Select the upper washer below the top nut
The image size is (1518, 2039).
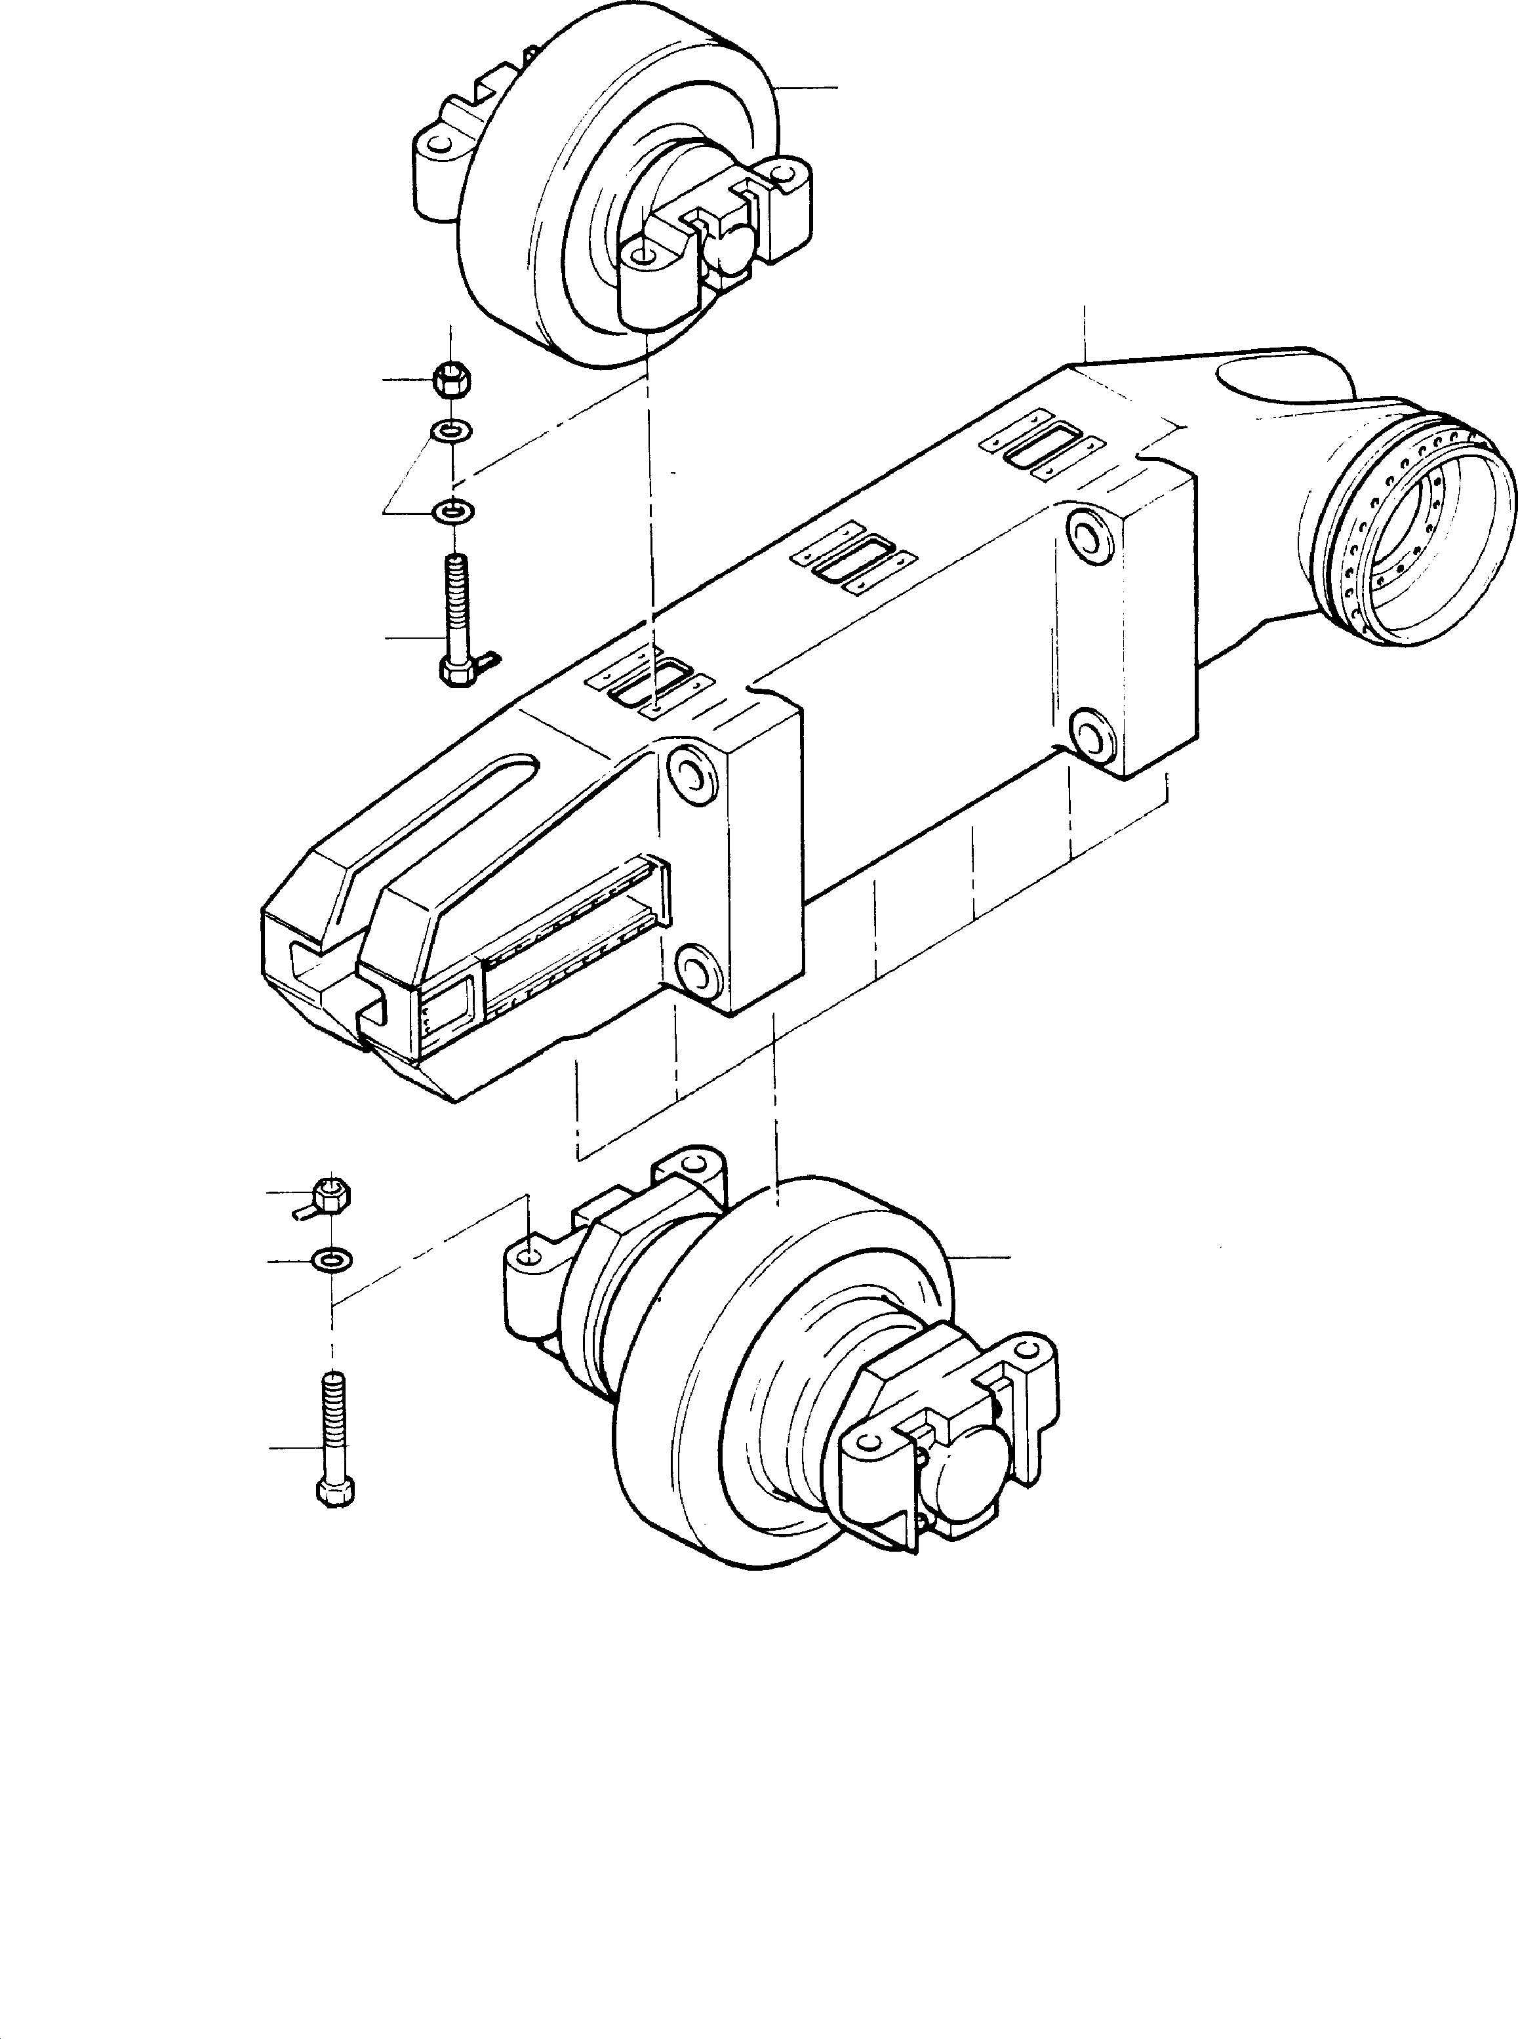(x=451, y=429)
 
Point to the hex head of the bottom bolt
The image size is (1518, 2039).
(x=334, y=1491)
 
